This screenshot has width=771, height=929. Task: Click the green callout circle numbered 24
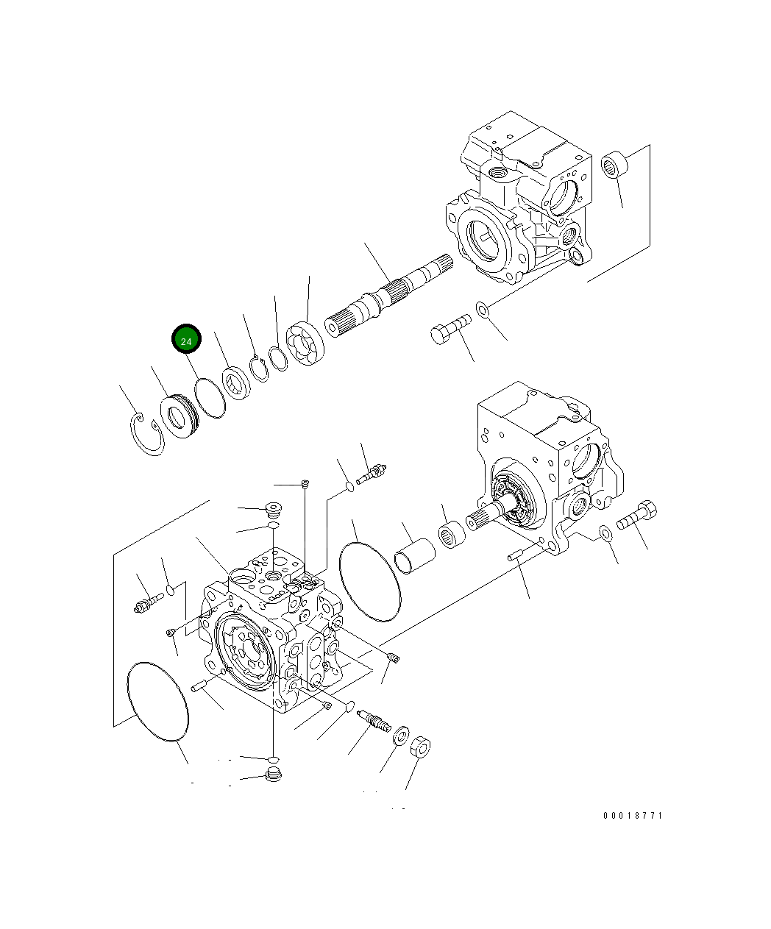point(186,341)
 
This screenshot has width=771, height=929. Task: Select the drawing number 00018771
point(633,816)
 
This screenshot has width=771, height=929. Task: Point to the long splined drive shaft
point(386,294)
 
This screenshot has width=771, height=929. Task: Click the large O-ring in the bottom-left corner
point(157,700)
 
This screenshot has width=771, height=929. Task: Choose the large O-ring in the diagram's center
point(370,582)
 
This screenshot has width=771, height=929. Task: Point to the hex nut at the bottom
point(419,748)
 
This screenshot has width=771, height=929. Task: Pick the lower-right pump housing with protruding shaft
point(548,471)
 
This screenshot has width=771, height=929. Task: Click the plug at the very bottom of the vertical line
point(273,775)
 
